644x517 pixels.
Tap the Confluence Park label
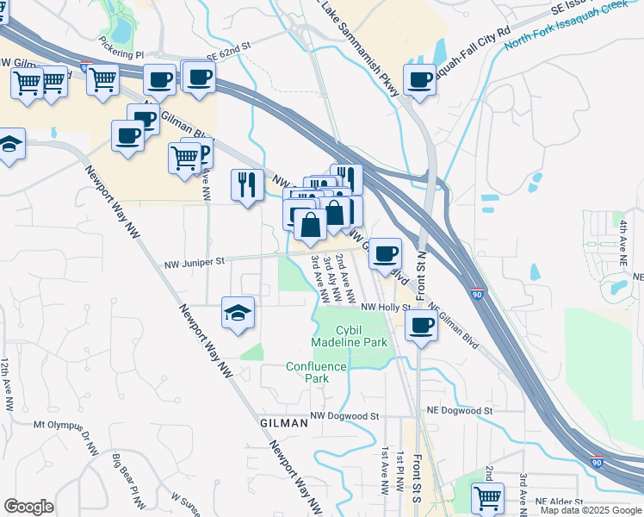click(316, 372)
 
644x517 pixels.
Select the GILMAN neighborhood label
click(283, 423)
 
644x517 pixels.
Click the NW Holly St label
click(384, 307)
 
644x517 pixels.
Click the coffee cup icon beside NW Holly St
click(420, 327)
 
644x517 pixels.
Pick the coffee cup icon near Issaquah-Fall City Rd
click(419, 80)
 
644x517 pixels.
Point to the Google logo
click(28, 507)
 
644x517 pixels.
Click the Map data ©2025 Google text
click(591, 510)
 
